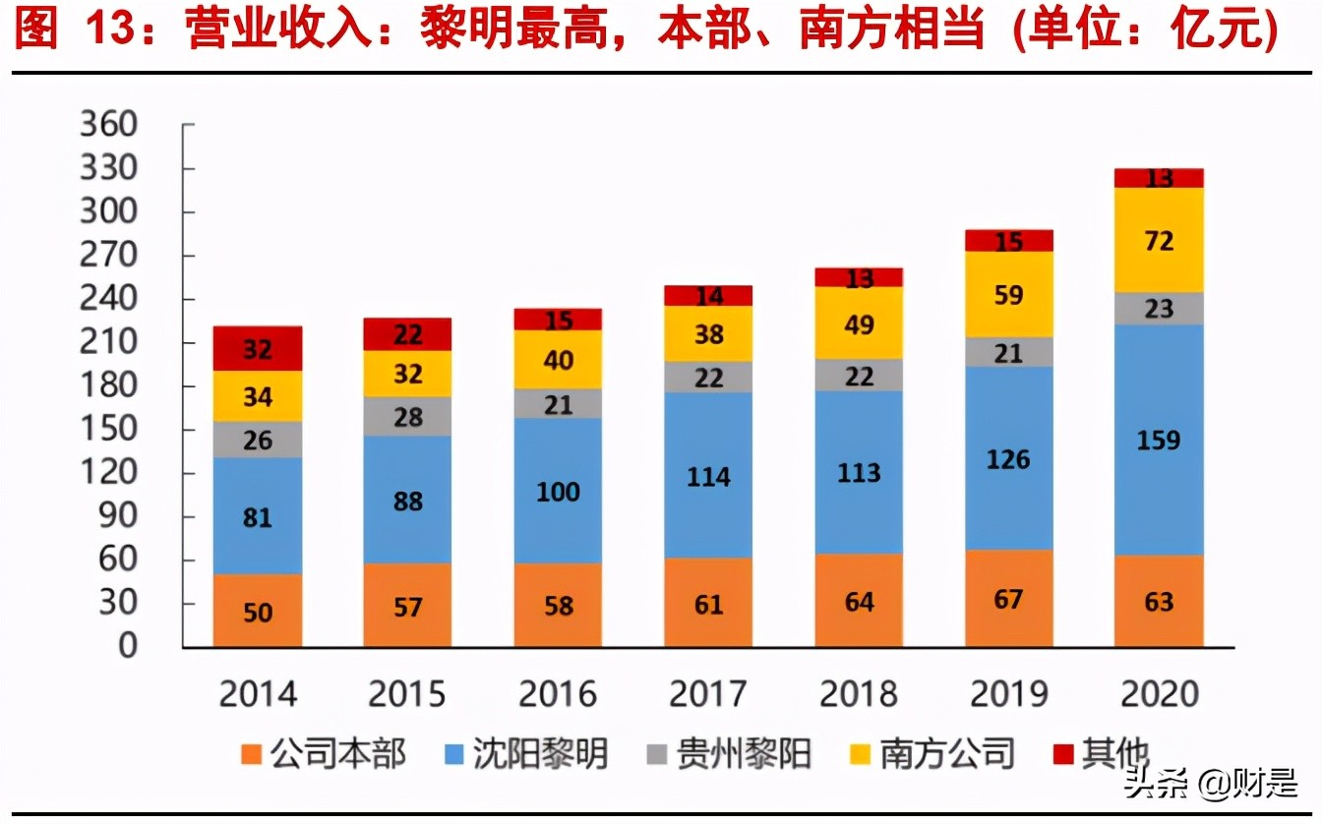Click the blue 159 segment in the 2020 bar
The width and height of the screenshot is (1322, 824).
tap(1158, 440)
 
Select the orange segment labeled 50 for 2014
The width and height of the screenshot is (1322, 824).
tap(258, 611)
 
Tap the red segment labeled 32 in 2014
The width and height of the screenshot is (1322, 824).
tap(258, 349)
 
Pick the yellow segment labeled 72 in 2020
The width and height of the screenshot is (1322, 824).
tap(1158, 240)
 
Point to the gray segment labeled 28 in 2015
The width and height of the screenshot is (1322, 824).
tap(407, 417)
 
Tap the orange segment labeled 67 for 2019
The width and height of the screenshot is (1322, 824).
tap(1008, 598)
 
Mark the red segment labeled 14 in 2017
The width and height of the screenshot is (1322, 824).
tap(708, 295)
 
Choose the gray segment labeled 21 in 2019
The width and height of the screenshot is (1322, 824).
tap(1008, 352)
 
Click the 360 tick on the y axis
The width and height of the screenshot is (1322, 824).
tap(109, 126)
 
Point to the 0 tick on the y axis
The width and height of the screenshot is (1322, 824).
tap(128, 646)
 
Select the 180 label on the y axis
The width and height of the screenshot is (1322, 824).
tap(109, 385)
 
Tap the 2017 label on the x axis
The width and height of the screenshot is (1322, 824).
tap(708, 694)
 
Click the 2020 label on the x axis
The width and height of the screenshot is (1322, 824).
tap(1158, 694)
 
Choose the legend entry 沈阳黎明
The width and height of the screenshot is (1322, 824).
tap(539, 754)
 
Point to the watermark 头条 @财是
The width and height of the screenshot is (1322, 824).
tap(1210, 784)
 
